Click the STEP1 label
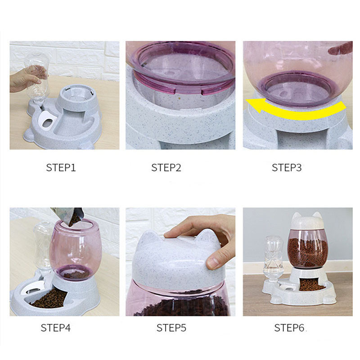[x=61, y=167]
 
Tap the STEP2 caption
[x=166, y=167]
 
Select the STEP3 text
[x=287, y=167]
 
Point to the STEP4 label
[x=55, y=328]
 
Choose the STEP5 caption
[x=171, y=328]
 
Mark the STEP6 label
[x=289, y=328]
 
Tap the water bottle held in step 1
[x=37, y=79]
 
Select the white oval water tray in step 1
[x=48, y=121]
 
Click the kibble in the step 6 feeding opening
[x=311, y=285]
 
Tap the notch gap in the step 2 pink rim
[x=189, y=91]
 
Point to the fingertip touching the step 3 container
[x=340, y=48]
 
